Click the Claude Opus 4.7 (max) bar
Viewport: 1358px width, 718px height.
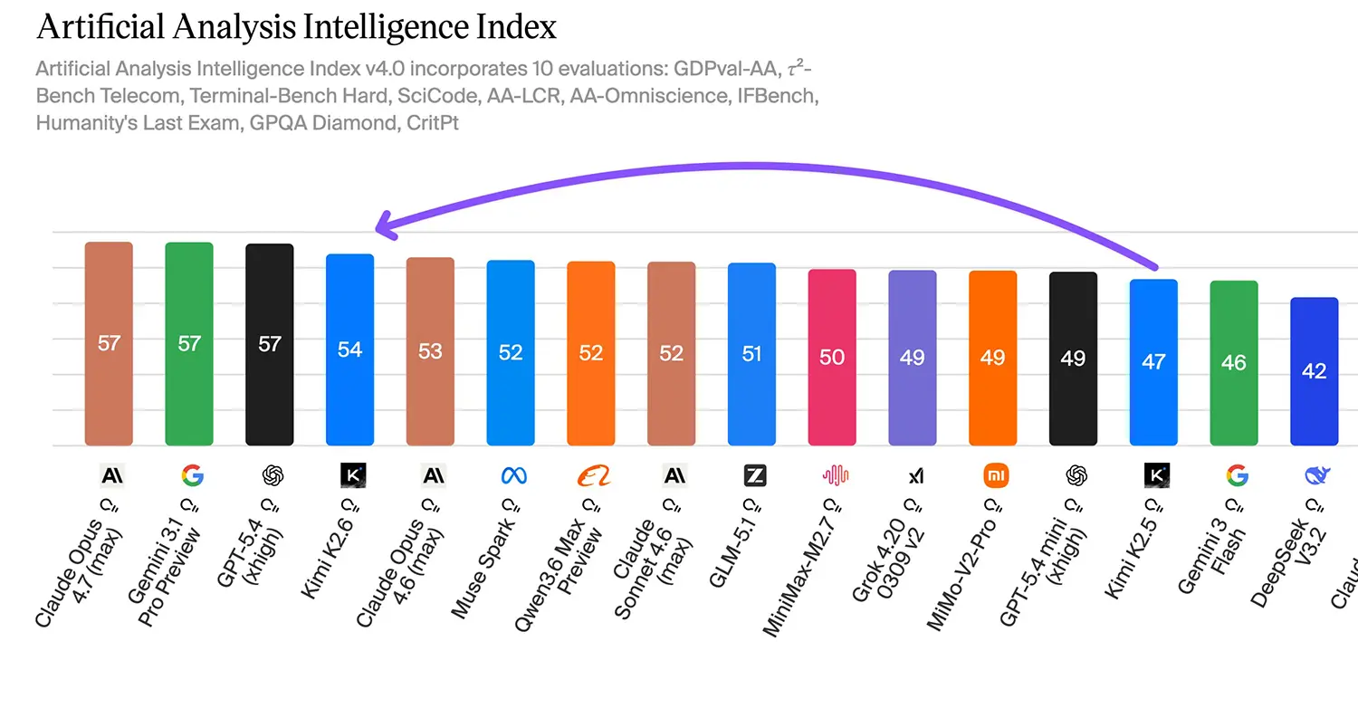coord(109,344)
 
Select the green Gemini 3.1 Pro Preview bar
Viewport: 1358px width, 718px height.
coord(189,344)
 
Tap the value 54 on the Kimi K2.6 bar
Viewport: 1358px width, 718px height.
coord(349,349)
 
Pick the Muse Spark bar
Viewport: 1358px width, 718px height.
coord(511,353)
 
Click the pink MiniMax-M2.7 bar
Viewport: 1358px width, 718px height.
coord(832,358)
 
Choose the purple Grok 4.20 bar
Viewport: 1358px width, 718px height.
coord(913,358)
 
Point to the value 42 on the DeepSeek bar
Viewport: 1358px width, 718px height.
coord(1314,371)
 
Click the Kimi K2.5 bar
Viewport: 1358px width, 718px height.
coord(1153,362)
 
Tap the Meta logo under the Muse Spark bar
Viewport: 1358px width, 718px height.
coord(511,475)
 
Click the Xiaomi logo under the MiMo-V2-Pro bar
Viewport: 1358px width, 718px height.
coord(993,475)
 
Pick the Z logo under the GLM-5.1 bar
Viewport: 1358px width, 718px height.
coord(752,475)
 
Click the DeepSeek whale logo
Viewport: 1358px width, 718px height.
coord(1314,475)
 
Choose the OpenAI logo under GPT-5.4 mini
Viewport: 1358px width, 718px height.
coord(1074,475)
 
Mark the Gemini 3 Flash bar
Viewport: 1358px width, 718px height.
coord(1234,363)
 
